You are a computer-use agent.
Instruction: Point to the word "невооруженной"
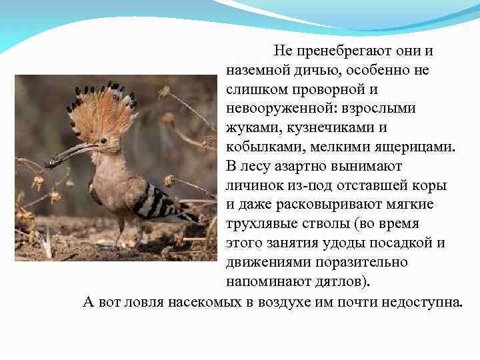tap(282, 108)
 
